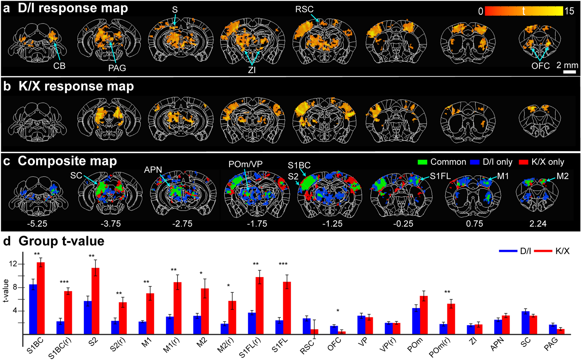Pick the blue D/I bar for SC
click(525, 323)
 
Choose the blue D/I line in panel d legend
click(508, 251)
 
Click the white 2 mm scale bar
click(569, 72)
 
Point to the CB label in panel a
click(59, 66)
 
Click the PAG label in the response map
click(117, 68)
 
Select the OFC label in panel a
click(540, 66)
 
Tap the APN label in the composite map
click(153, 170)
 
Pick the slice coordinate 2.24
click(538, 224)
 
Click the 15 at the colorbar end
click(569, 11)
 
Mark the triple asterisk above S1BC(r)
click(64, 282)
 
